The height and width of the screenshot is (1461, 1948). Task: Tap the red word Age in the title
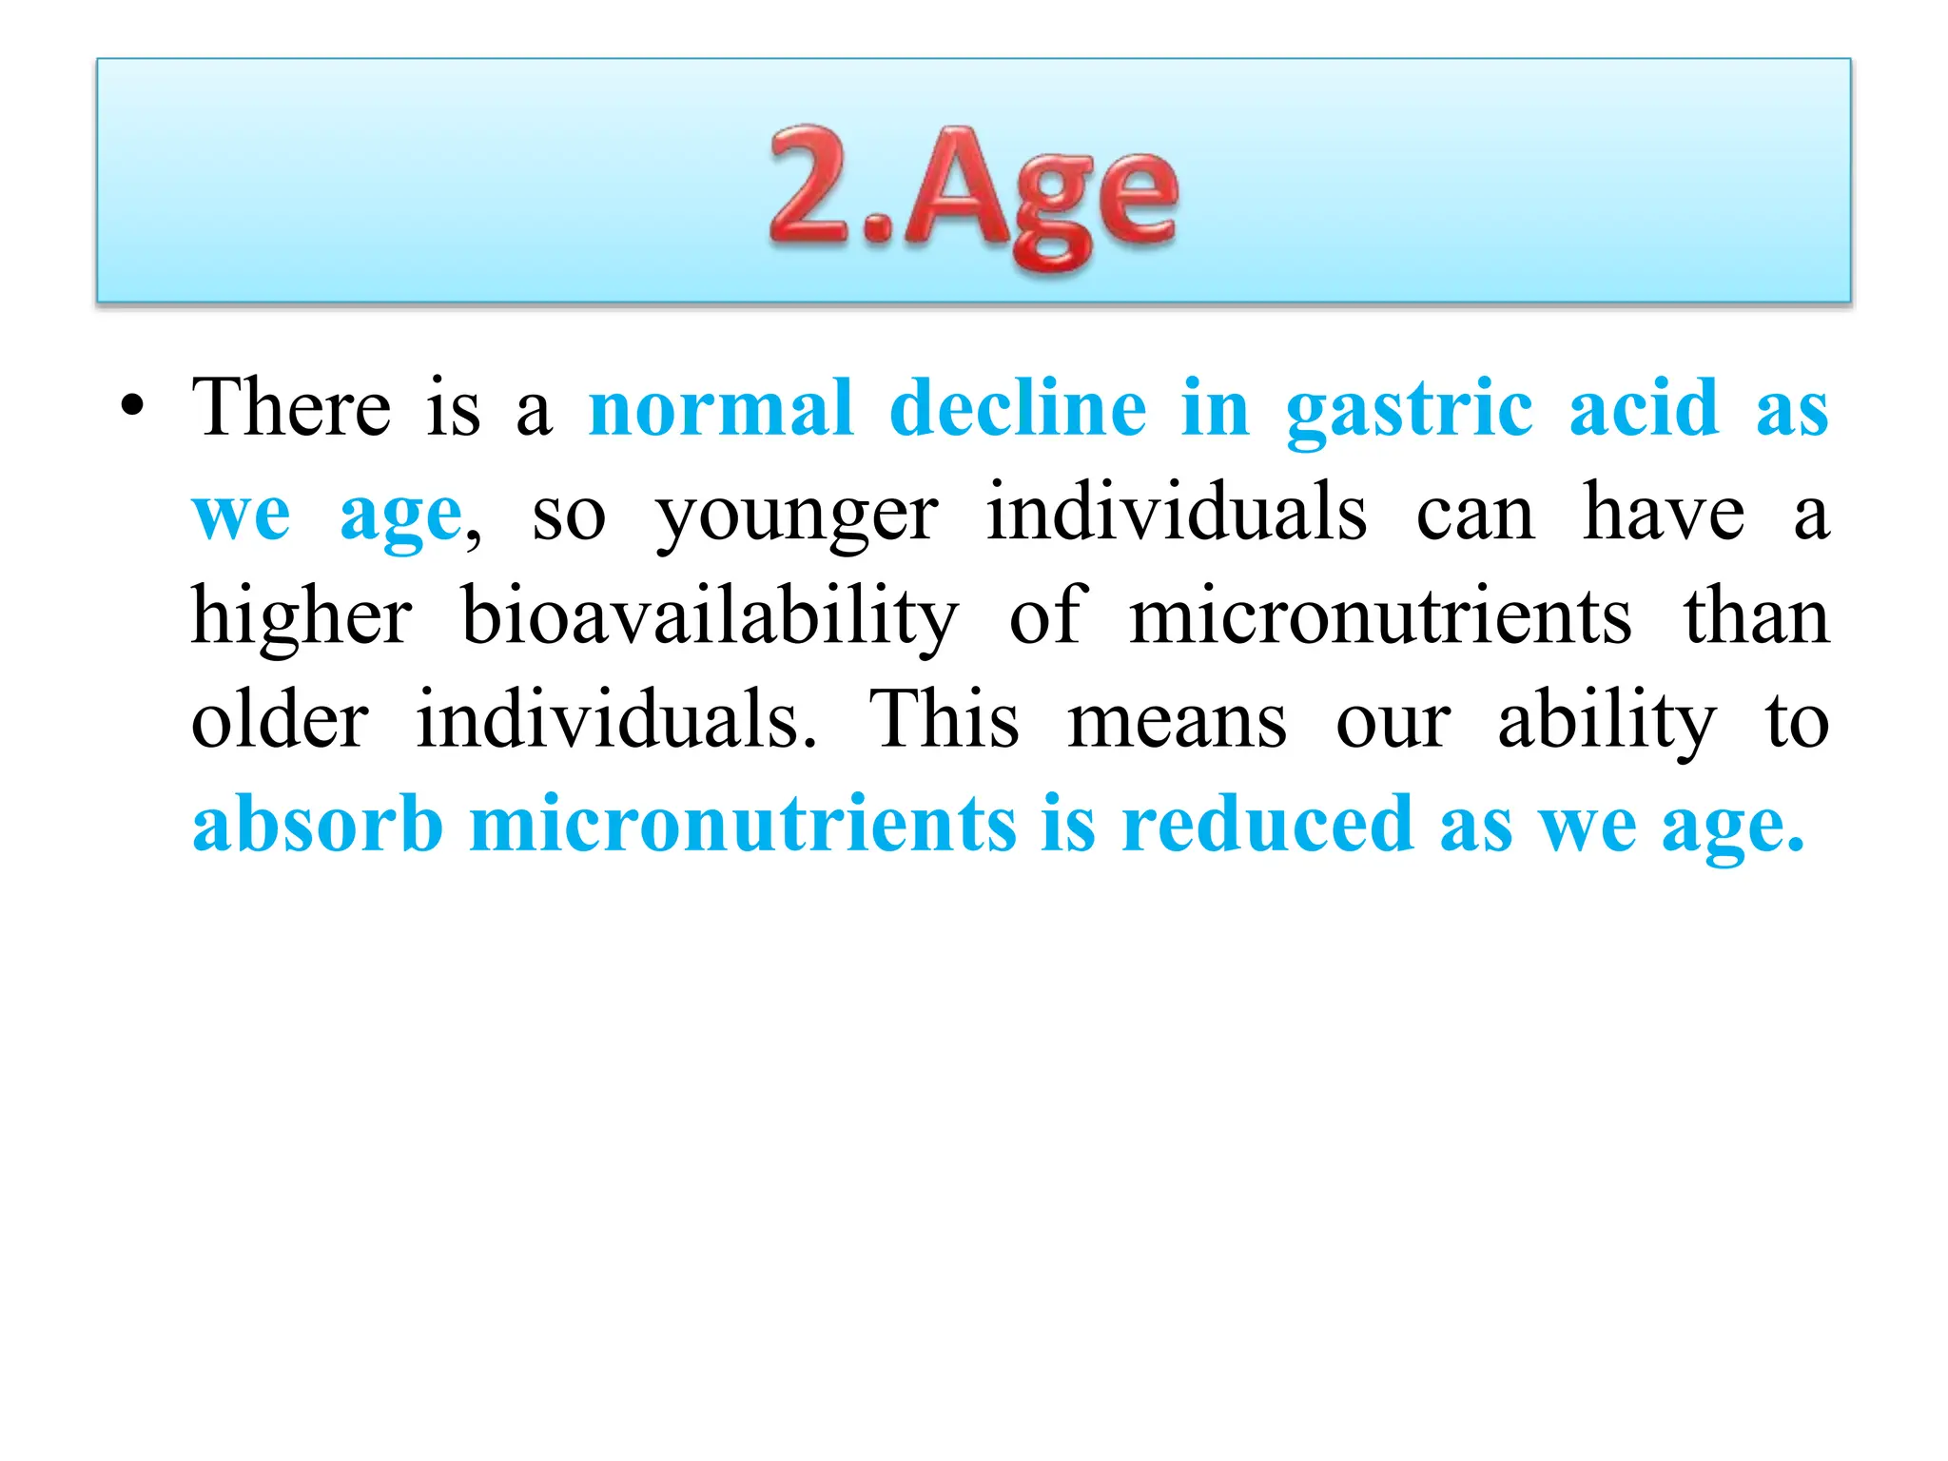(x=1041, y=195)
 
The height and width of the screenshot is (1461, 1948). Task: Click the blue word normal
(x=721, y=409)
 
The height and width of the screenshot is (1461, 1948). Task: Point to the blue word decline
(x=1018, y=409)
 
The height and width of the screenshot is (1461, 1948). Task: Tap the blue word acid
(x=1644, y=409)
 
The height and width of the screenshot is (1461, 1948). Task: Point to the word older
(x=280, y=720)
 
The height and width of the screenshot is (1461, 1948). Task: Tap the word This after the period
(x=944, y=720)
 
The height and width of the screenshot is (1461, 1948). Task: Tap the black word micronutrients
(x=1380, y=618)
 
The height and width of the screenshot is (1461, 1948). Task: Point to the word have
(x=1664, y=514)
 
